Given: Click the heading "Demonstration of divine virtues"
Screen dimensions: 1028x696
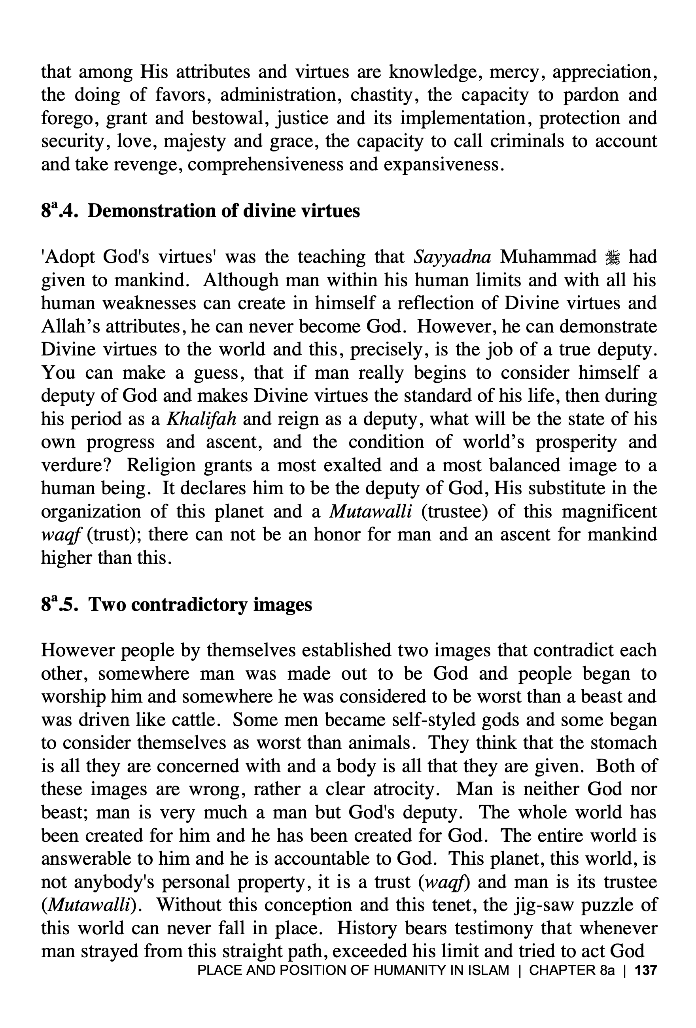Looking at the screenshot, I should coord(223,211).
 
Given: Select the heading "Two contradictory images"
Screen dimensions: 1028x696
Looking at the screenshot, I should coord(200,604).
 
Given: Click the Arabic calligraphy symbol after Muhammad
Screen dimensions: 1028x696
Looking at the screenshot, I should coord(613,257).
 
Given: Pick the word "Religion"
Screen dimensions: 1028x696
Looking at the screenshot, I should coord(161,465).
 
